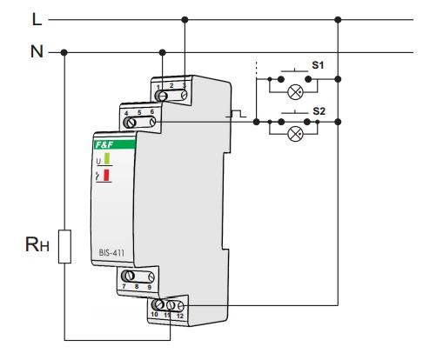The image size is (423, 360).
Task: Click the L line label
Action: coord(36,17)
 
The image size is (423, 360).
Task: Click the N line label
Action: coord(36,51)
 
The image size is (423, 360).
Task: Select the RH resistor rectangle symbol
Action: coord(64,245)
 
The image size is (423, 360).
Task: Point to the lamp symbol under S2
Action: coord(295,134)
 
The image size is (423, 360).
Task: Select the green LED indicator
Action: coord(107,160)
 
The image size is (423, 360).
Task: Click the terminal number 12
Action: coord(181,314)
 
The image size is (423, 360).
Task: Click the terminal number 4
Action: coord(127,113)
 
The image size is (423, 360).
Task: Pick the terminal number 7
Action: coord(126,286)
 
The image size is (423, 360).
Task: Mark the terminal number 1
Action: coord(158,85)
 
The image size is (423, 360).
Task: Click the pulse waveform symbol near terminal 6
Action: coord(237,113)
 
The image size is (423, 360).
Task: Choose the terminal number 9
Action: coord(150,286)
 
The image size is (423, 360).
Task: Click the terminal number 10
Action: coord(157,314)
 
